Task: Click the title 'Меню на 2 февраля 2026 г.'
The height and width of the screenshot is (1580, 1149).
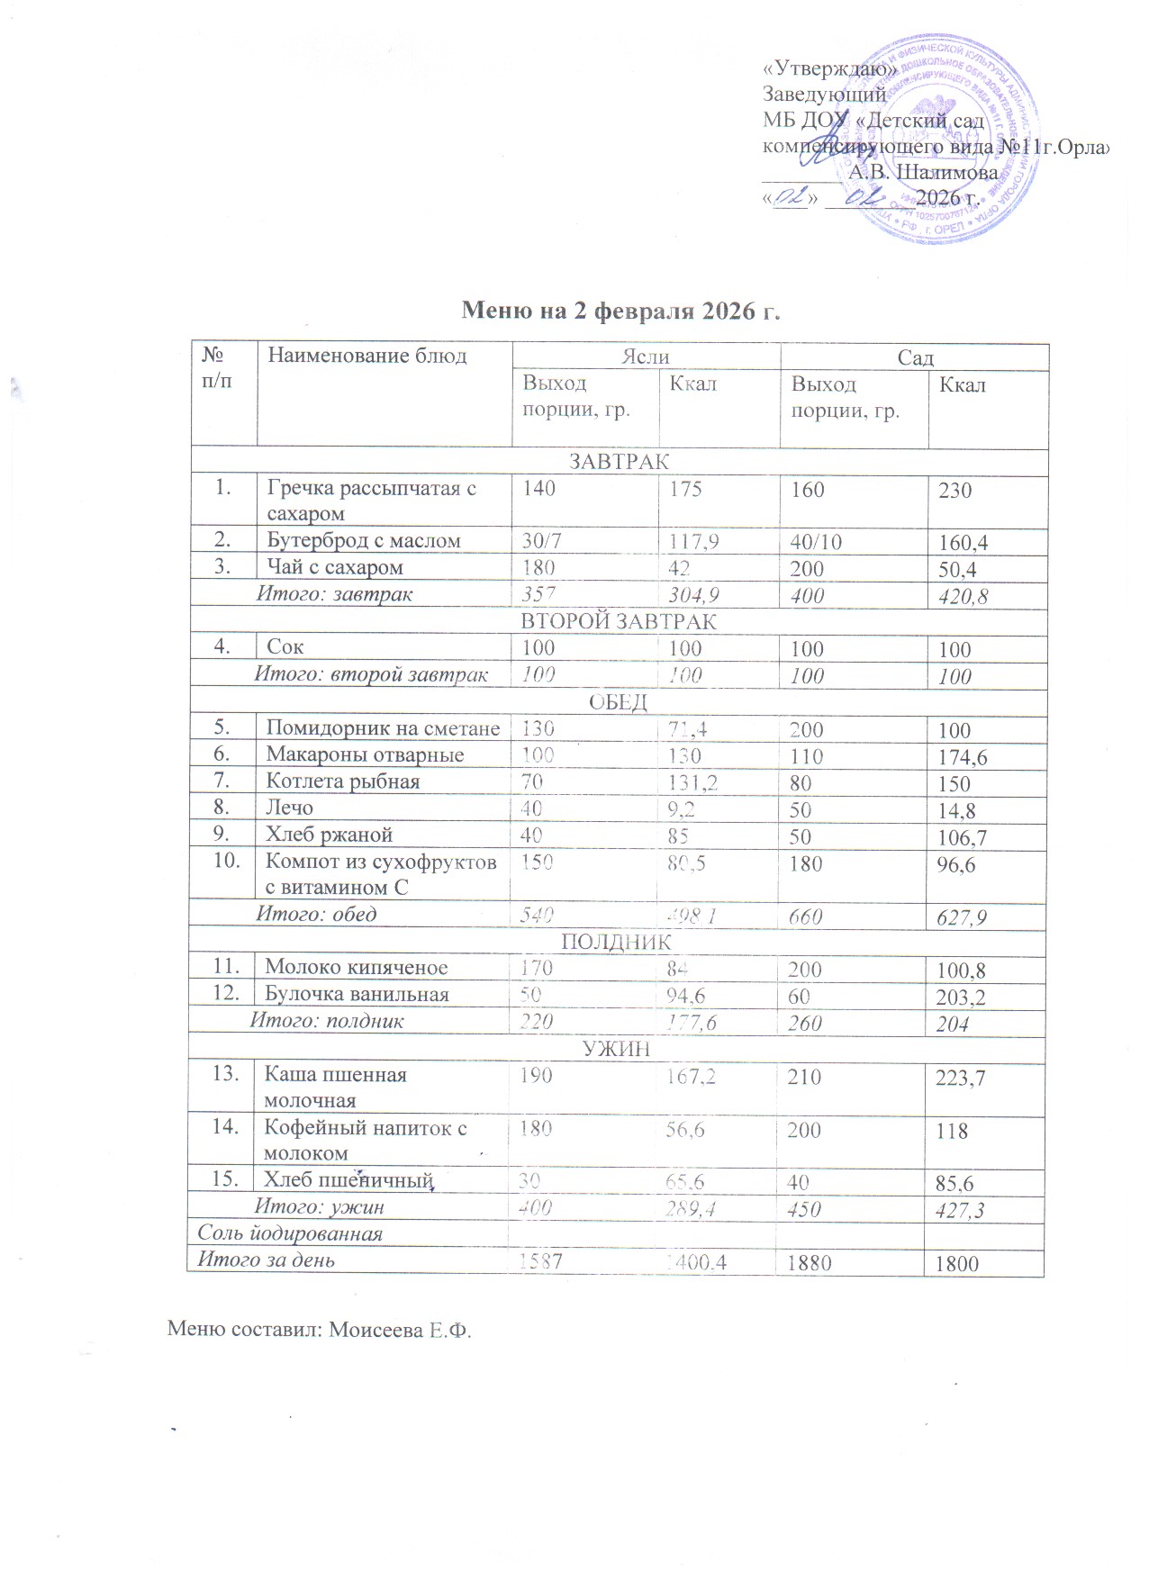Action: click(620, 311)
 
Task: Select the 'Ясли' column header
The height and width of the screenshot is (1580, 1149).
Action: click(646, 357)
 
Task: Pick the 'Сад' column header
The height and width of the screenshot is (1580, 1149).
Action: click(915, 357)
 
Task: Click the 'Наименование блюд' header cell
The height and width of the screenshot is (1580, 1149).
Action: click(367, 356)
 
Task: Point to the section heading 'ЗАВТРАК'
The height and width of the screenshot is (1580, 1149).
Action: click(619, 462)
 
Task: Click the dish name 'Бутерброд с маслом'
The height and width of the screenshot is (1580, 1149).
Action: click(364, 540)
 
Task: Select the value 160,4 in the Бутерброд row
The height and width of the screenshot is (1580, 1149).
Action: click(968, 543)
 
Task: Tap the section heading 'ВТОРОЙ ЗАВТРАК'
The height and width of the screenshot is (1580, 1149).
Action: click(619, 621)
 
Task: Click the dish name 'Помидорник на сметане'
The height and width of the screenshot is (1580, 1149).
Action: click(383, 728)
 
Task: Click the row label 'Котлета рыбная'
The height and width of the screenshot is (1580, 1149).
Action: click(343, 781)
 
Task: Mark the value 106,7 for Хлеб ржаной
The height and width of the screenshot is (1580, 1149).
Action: click(963, 838)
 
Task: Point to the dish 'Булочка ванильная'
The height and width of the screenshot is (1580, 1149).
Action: click(357, 994)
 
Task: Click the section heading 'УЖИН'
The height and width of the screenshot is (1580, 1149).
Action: click(617, 1048)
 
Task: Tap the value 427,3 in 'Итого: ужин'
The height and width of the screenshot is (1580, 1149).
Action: click(960, 1209)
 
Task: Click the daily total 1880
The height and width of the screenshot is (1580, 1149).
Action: click(809, 1262)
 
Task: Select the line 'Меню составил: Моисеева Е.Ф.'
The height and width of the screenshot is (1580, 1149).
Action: click(320, 1330)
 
